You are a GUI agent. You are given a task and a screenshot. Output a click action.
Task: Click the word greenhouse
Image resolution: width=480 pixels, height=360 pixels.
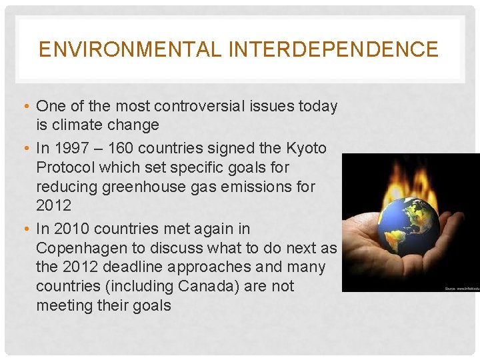tap(144, 187)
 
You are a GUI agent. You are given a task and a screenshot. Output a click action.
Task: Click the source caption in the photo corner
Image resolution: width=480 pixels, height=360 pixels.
tap(461, 288)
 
